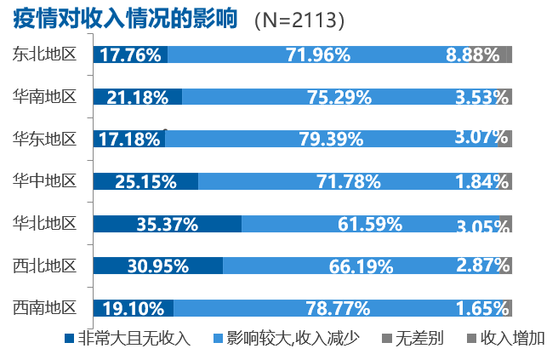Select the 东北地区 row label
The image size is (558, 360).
[45, 54]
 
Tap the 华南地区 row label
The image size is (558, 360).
[45, 96]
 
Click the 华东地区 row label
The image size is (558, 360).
[45, 138]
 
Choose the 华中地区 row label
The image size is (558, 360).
[45, 180]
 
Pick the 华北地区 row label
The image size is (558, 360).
[45, 224]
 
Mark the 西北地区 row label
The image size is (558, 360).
[45, 266]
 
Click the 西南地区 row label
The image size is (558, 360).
[45, 307]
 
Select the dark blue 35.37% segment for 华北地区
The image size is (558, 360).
[167, 225]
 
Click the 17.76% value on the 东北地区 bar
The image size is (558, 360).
[130, 55]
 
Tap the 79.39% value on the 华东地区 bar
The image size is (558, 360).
[331, 139]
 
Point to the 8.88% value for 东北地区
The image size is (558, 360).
[472, 55]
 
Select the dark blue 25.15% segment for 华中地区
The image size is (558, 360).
[145, 181]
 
